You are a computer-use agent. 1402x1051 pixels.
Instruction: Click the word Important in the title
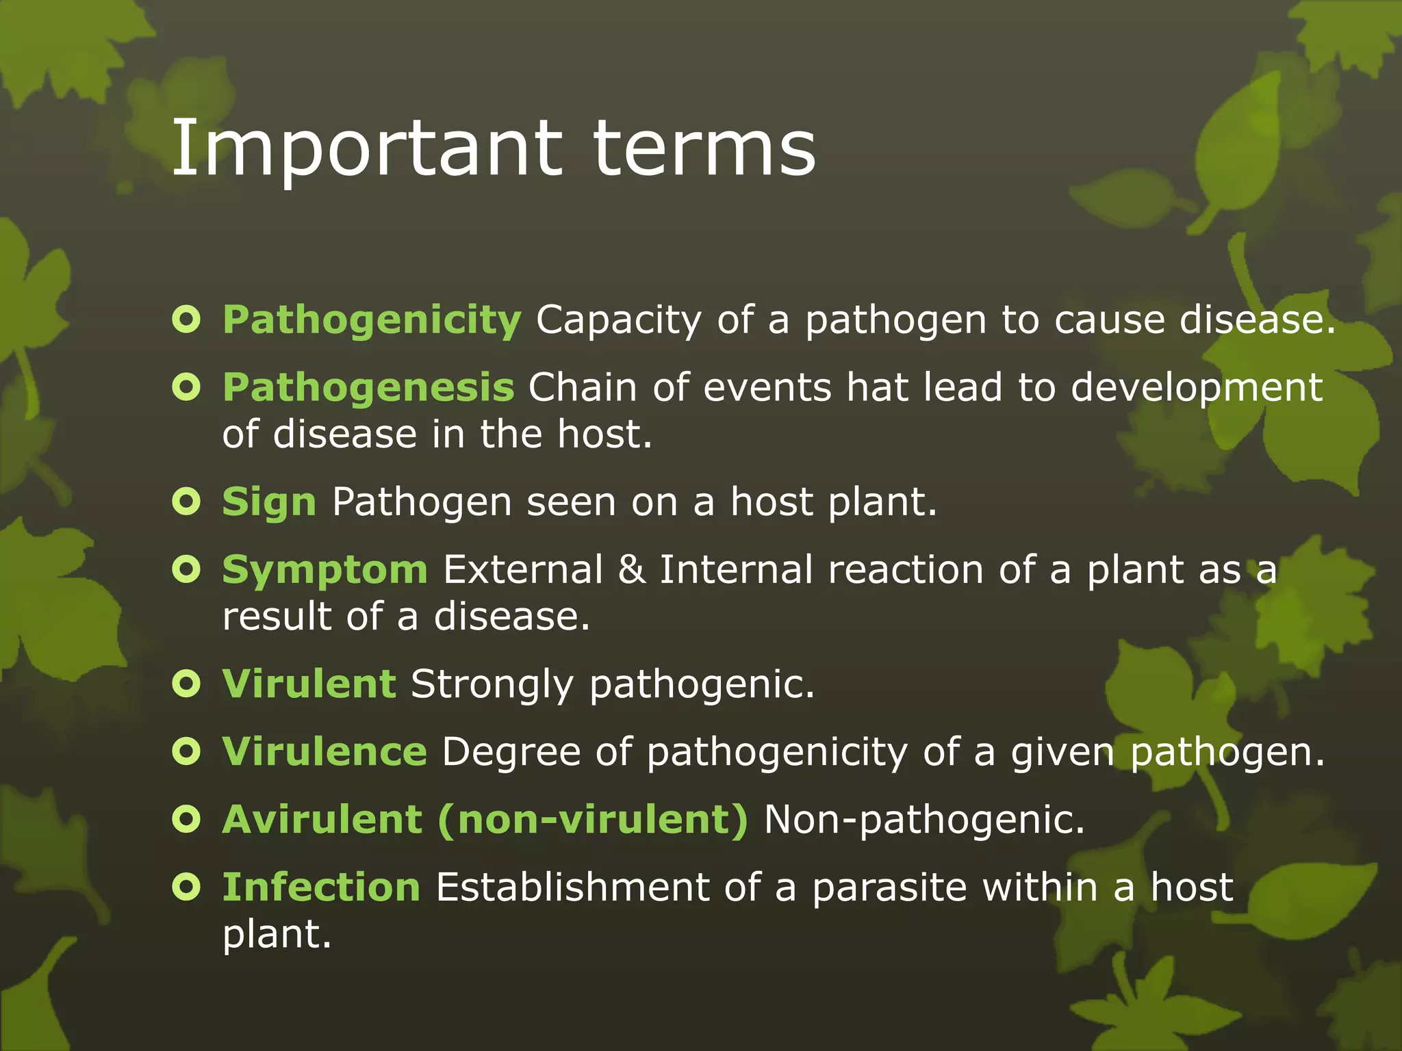tap(366, 149)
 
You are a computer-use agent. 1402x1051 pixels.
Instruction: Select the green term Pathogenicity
tap(372, 321)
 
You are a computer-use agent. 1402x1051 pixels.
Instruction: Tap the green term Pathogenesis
tap(368, 388)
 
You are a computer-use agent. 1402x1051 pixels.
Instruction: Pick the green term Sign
tap(269, 503)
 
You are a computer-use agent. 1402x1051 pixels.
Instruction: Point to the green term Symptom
tap(324, 571)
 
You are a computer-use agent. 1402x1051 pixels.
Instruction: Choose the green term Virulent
tap(309, 684)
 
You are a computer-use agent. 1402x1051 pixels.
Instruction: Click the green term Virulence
tap(324, 752)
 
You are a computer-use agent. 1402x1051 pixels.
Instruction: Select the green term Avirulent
tap(322, 819)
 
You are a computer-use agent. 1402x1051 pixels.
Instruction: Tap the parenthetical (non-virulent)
tap(593, 819)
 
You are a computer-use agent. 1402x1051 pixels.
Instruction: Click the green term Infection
tap(321, 887)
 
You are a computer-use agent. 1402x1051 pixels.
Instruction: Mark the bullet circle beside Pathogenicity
tap(186, 320)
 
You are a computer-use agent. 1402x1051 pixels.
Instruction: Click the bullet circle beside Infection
tap(186, 887)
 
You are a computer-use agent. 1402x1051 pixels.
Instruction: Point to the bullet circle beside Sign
tap(186, 502)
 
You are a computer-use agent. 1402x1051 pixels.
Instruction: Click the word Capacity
tap(618, 321)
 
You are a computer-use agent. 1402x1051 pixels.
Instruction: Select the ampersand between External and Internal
tap(631, 570)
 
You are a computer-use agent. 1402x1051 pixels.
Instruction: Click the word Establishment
tap(572, 887)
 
